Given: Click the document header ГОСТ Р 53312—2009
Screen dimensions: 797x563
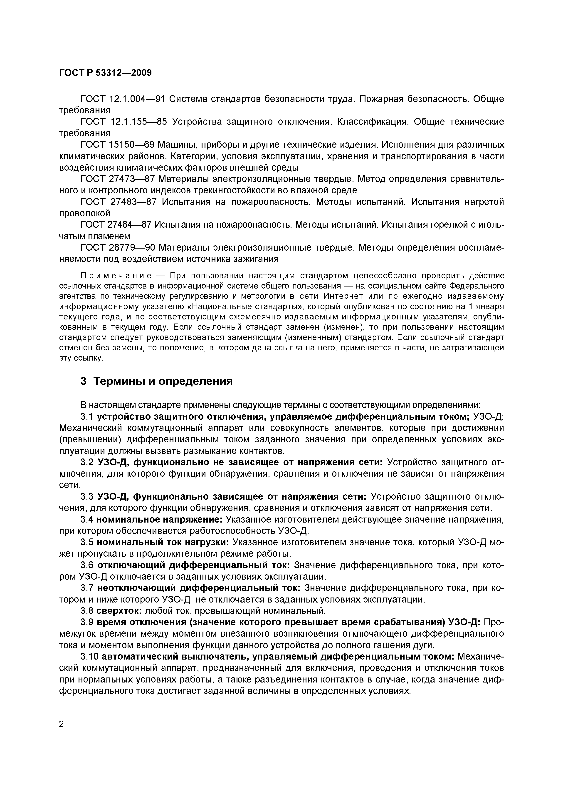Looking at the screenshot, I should coord(106,73).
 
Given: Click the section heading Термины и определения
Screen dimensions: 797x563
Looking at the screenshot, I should coord(163,381).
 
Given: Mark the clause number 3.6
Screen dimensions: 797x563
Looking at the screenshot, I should coord(87,565).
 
